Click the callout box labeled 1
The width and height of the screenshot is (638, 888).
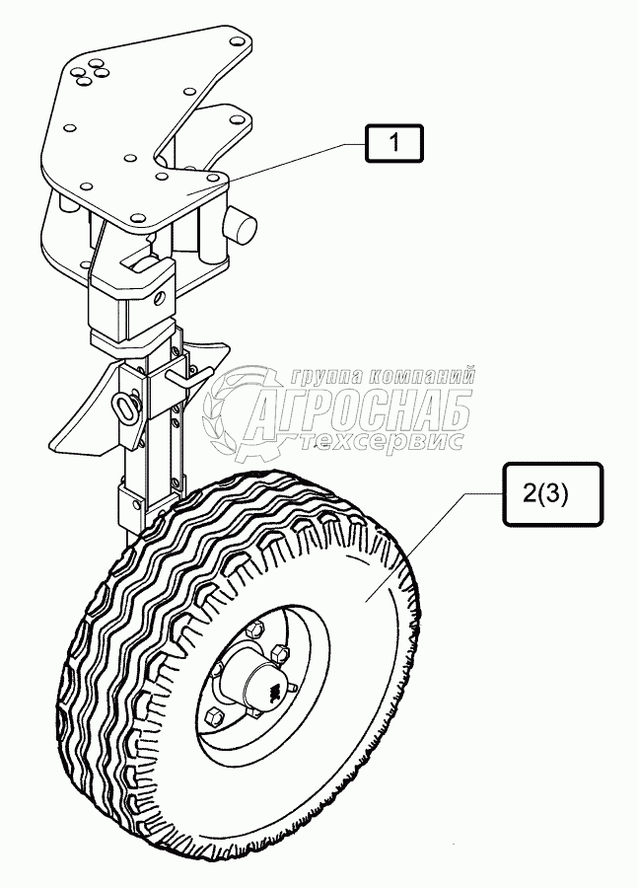(x=393, y=144)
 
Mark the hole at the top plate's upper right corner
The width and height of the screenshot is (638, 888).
(x=238, y=41)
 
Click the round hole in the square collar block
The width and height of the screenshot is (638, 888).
(x=154, y=291)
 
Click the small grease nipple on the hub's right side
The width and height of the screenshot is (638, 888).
(x=293, y=687)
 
